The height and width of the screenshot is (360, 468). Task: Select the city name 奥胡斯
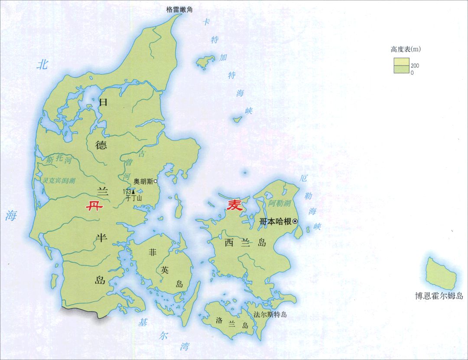[143, 181]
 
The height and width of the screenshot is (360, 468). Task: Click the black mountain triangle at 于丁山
[133, 191]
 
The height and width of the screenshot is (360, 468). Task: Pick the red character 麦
[235, 206]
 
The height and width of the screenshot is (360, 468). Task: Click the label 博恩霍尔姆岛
[439, 296]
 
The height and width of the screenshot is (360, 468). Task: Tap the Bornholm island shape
[440, 273]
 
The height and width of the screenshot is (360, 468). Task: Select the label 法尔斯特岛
[270, 314]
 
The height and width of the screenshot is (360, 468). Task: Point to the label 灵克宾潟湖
[59, 181]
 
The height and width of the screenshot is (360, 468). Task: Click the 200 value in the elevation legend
[415, 66]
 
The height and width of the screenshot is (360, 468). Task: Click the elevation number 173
[127, 191]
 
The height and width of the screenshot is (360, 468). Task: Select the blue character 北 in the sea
[42, 65]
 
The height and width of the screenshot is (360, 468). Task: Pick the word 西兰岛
[244, 242]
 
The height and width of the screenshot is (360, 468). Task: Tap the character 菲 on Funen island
[153, 252]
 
